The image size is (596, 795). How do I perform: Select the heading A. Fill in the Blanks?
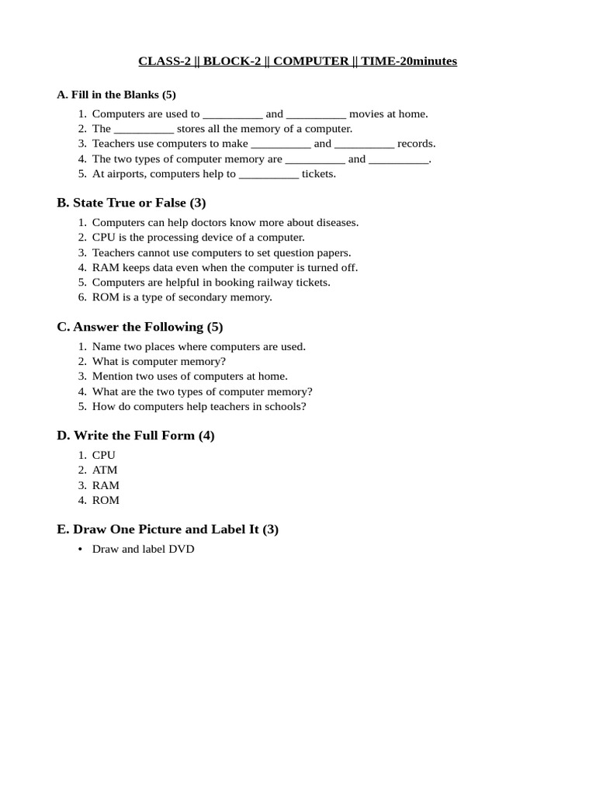pos(116,95)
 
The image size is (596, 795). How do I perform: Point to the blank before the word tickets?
pos(269,175)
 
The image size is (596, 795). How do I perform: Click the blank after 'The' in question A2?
pos(144,130)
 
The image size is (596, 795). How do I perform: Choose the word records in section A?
pos(417,144)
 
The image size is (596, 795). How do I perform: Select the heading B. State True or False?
pos(131,203)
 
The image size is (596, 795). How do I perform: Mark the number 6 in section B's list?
pos(81,297)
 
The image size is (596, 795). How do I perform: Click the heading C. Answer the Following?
pos(140,327)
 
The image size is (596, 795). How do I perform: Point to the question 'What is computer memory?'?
pos(159,362)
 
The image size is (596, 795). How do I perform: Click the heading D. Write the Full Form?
pos(136,436)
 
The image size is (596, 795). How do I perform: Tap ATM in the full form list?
pos(105,470)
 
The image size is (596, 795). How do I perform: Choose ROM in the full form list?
pos(106,500)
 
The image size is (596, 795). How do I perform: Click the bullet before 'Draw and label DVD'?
pos(81,549)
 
